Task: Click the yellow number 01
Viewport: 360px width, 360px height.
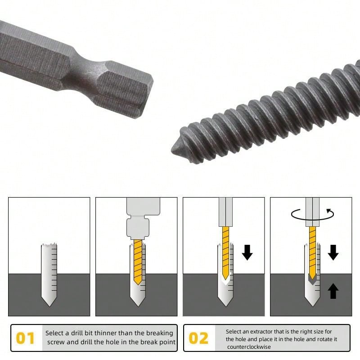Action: click(x=25, y=338)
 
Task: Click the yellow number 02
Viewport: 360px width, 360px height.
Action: click(x=198, y=338)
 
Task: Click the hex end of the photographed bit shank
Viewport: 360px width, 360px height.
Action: click(x=125, y=90)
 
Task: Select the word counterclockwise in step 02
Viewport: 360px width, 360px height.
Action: click(x=249, y=346)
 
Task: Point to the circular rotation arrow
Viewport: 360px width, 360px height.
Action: click(x=312, y=215)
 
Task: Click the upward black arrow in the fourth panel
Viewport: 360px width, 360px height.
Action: click(x=333, y=291)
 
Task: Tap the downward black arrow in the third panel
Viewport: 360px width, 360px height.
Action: click(x=247, y=252)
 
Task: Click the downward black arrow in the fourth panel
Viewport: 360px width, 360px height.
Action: click(x=333, y=252)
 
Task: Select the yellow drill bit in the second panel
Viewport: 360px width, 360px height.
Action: click(x=138, y=262)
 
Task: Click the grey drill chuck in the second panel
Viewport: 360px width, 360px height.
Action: click(x=143, y=218)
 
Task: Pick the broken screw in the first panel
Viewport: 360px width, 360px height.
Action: click(x=49, y=274)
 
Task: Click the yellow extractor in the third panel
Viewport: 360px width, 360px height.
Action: click(x=225, y=252)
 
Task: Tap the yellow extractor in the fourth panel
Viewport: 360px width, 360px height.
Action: click(x=312, y=252)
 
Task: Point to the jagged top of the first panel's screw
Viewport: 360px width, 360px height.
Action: click(x=49, y=244)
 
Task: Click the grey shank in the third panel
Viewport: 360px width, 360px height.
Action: click(x=225, y=212)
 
